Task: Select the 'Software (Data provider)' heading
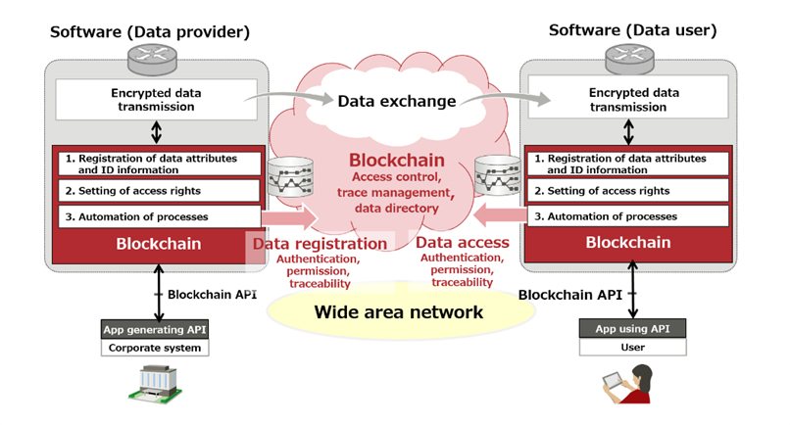coord(150,32)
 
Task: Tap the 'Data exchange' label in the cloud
coord(396,101)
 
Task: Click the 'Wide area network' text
coord(398,312)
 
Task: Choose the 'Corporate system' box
coord(154,347)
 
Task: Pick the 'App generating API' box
coord(154,329)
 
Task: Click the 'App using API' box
coord(632,329)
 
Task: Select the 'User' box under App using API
coord(632,347)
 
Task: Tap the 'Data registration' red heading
coord(321,244)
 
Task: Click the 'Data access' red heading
coord(463,242)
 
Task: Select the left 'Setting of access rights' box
coord(157,190)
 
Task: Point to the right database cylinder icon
coord(497,176)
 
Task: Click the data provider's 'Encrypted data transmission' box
coord(157,101)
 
